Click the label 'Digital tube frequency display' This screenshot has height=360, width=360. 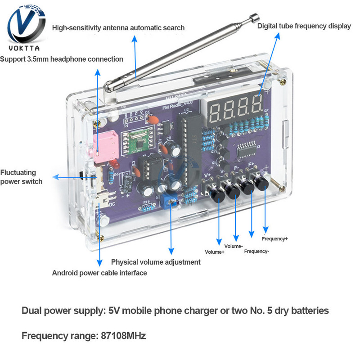point(304,26)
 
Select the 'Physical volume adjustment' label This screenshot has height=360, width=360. point(156,262)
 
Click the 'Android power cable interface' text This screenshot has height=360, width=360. point(99,273)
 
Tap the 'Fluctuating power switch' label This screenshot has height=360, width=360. point(21,177)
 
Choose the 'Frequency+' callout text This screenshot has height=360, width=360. point(274,238)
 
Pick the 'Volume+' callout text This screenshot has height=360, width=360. point(215,252)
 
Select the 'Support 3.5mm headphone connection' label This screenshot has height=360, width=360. point(62,59)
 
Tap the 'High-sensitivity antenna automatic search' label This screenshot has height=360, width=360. point(118,28)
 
